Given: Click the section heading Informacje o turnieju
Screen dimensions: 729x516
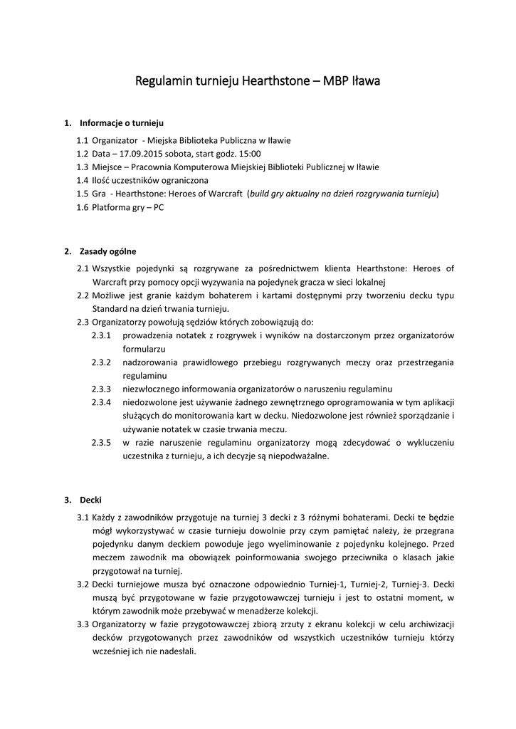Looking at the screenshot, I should coord(122,122).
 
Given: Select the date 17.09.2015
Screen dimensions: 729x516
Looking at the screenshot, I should coord(142,153).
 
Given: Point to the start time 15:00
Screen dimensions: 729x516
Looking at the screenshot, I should coord(251,153).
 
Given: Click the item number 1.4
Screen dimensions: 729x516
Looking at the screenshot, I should coord(83,180).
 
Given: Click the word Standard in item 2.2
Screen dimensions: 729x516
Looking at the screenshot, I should coord(110,309).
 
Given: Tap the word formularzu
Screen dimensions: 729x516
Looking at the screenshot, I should coord(144,349).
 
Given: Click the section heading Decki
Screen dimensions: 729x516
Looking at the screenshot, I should coord(90,500).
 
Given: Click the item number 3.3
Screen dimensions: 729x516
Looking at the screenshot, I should coord(83,624).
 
